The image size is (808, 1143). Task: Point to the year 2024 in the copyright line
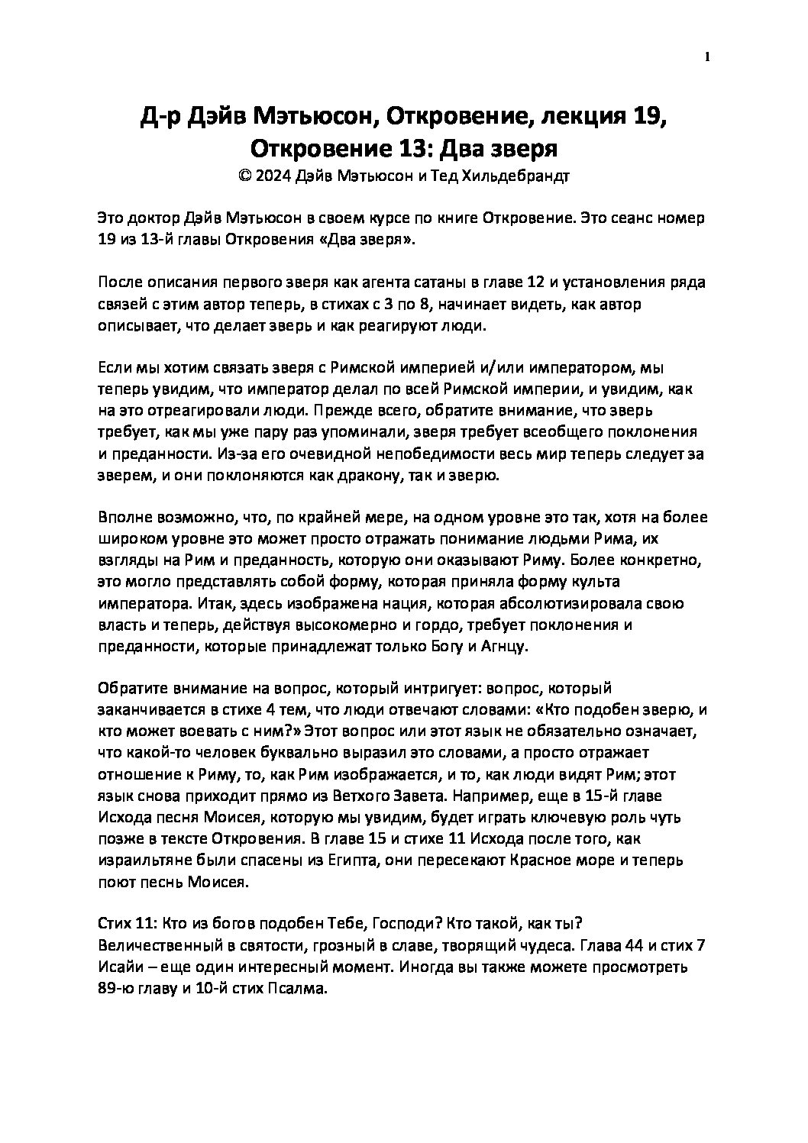click(275, 175)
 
